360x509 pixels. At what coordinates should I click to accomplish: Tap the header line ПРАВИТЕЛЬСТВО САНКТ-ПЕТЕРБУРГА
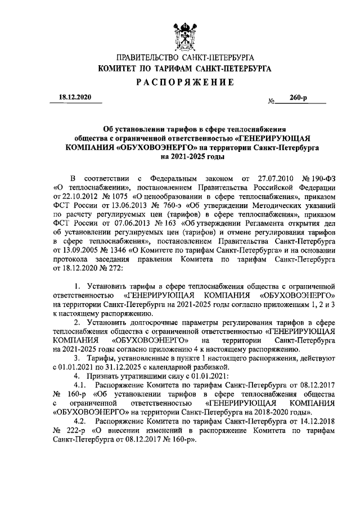184,58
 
